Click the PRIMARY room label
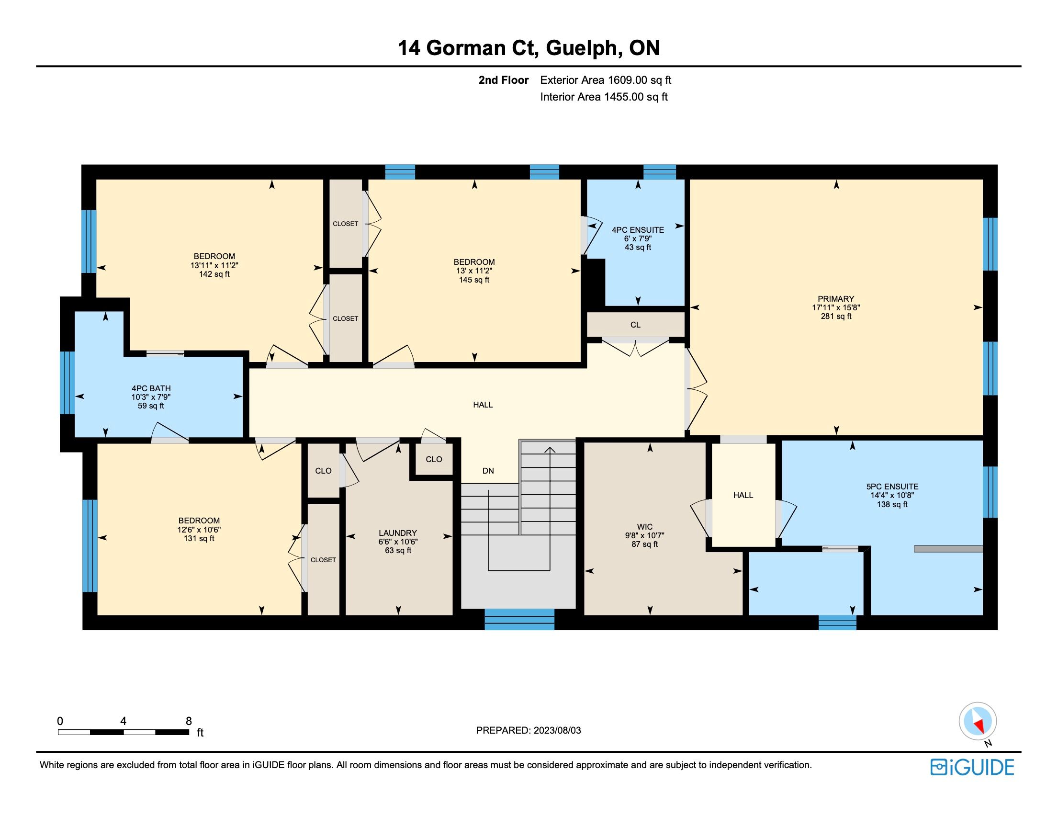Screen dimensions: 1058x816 pyautogui.click(x=836, y=299)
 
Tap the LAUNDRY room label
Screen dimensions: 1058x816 pyautogui.click(x=398, y=533)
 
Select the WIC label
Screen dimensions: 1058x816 pyautogui.click(x=645, y=527)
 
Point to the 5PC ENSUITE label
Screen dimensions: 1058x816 pyautogui.click(x=892, y=487)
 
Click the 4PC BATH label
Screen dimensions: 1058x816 pyautogui.click(x=151, y=388)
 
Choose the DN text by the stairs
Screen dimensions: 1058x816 pyautogui.click(x=488, y=471)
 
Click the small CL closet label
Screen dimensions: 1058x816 pyautogui.click(x=636, y=325)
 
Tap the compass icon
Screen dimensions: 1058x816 pyautogui.click(x=978, y=721)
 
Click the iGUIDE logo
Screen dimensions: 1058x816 pyautogui.click(x=972, y=767)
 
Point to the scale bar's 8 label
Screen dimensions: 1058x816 pyautogui.click(x=189, y=721)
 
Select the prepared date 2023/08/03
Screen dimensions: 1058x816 pyautogui.click(x=557, y=730)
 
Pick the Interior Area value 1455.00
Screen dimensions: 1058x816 pyautogui.click(x=624, y=97)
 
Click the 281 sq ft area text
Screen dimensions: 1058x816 pyautogui.click(x=836, y=316)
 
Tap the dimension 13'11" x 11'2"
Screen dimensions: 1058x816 pyautogui.click(x=214, y=265)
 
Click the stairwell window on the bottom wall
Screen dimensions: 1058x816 pyautogui.click(x=519, y=619)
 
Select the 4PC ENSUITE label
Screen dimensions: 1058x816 pyautogui.click(x=638, y=230)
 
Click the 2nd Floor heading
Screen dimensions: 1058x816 pyautogui.click(x=503, y=80)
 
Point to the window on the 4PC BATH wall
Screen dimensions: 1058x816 pyautogui.click(x=68, y=383)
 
